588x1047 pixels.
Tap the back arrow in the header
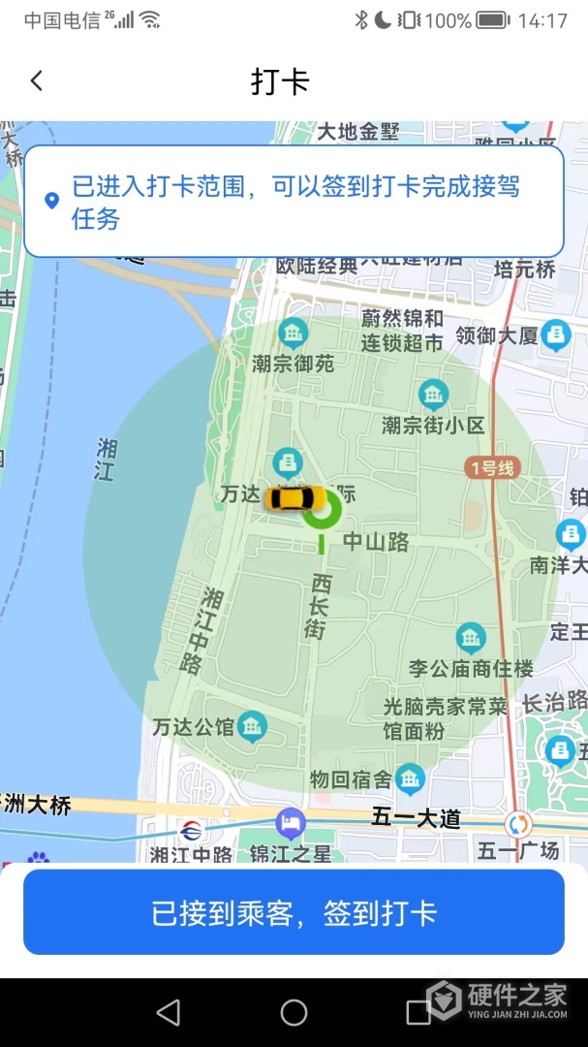37,80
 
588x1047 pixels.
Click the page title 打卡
280,81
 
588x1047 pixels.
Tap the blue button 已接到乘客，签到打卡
294,912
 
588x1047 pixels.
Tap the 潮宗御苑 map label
293,364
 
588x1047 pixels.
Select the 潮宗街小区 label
433,425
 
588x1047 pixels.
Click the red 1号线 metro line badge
492,468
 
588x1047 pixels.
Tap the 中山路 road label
376,542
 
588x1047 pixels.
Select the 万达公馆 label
194,726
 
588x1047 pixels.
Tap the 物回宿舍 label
351,778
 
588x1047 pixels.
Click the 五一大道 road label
416,818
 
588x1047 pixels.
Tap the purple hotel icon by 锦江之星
290,824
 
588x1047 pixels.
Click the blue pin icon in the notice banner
52,201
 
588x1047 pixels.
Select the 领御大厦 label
496,336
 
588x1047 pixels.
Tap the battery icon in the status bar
492,20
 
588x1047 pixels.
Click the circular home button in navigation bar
294,1012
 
